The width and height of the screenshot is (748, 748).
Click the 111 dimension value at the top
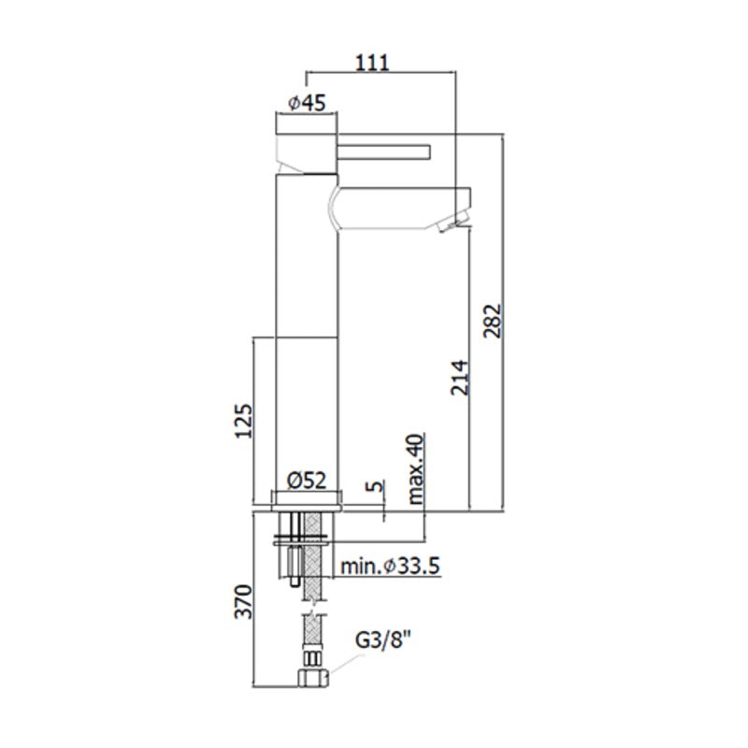372,63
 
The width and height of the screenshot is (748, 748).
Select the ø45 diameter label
308,103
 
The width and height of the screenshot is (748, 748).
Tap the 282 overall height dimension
493,321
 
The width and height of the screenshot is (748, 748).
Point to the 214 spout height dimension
460,378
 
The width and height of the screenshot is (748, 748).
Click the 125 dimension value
243,421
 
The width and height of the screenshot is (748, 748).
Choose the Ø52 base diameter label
308,480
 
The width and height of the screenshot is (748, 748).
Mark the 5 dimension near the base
375,486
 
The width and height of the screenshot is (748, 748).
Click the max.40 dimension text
415,468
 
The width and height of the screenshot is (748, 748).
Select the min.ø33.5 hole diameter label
390,567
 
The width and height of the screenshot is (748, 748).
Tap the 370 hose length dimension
243,601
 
